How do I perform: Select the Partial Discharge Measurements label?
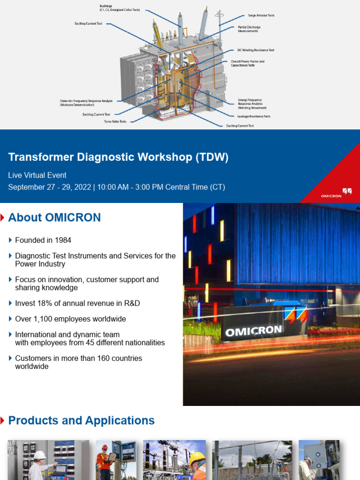248,29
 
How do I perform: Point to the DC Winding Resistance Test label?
255,50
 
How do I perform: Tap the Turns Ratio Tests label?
115,121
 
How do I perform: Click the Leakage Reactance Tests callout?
254,116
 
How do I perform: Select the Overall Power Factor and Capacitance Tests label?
247,63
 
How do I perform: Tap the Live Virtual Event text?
37,175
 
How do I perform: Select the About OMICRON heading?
54,217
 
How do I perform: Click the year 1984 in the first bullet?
63,240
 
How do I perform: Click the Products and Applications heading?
82,420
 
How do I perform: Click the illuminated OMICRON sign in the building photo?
254,331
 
